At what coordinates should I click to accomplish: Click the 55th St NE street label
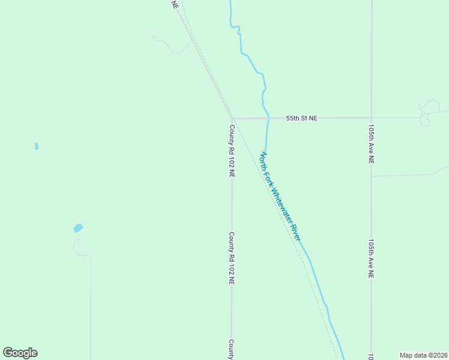301,118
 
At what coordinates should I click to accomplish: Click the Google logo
20,353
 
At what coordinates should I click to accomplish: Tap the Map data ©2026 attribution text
424,355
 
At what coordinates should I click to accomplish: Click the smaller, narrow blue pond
37,146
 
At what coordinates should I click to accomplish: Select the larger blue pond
78,228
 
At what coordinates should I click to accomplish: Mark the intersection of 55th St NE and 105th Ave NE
371,118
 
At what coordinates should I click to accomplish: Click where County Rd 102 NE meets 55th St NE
232,119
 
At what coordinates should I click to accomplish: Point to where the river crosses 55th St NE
268,118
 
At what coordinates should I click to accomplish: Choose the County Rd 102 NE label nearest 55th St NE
232,150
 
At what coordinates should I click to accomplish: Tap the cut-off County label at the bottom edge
231,350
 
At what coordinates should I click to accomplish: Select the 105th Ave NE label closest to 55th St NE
372,145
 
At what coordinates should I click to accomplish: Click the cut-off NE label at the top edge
175,4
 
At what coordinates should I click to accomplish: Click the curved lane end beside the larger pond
76,245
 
